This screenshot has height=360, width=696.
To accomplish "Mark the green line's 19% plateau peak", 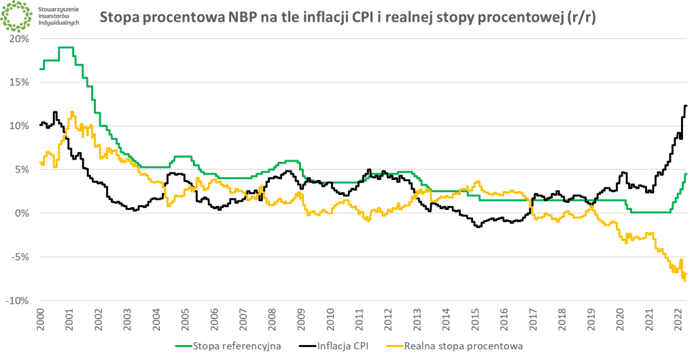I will (66, 48).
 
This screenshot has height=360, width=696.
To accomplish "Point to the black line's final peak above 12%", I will (686, 105).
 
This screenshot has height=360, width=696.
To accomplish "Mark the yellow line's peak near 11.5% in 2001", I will (72, 113).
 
